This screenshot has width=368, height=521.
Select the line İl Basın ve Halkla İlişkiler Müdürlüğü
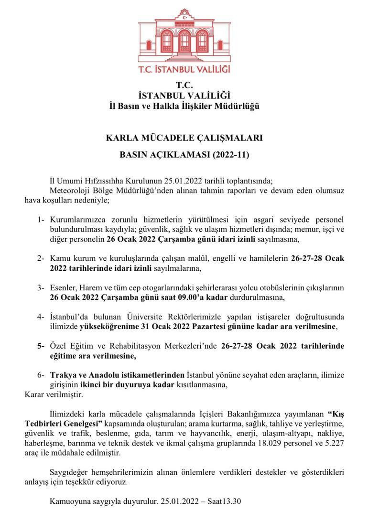[184, 106]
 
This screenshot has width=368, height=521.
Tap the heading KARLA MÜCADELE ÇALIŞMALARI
[184, 138]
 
